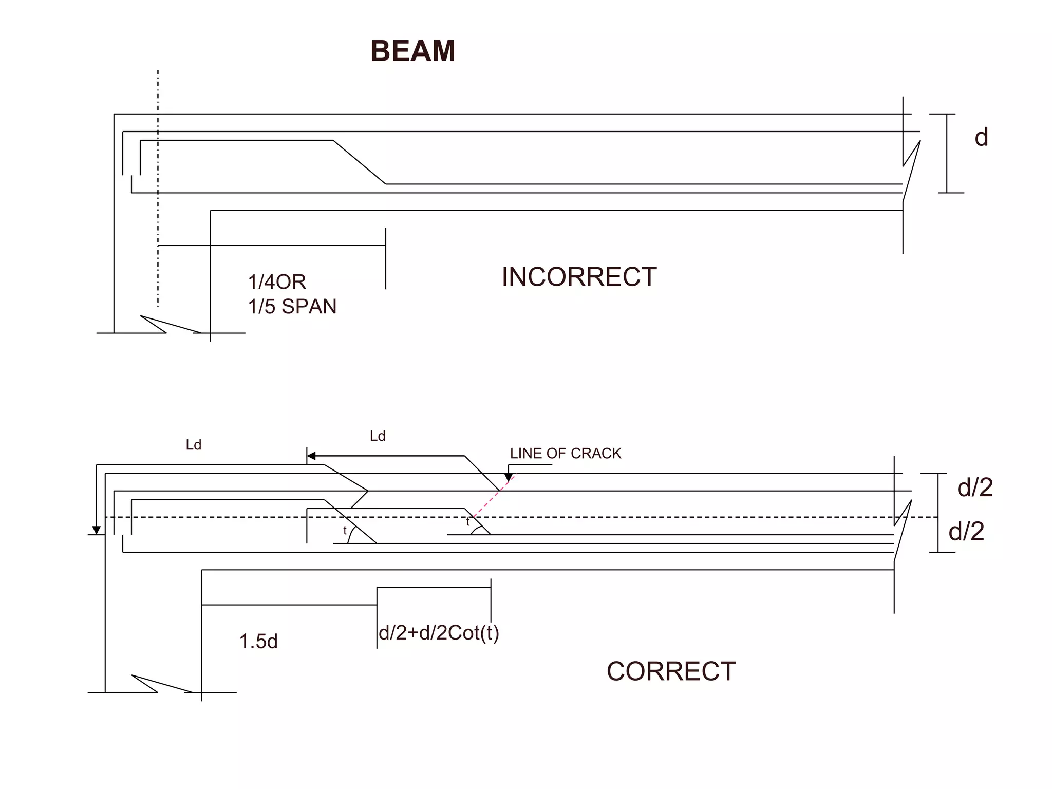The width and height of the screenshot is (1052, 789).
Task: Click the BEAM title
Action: [x=412, y=51]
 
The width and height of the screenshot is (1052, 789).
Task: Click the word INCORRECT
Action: [x=579, y=277]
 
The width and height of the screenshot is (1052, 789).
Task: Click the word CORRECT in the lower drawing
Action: [x=671, y=671]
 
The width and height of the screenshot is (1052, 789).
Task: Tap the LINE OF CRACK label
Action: [x=565, y=454]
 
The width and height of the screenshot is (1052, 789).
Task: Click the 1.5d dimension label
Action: [x=258, y=642]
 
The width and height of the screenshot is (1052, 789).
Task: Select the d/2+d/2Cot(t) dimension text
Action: [x=439, y=633]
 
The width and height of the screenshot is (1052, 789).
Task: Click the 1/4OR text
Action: [x=277, y=282]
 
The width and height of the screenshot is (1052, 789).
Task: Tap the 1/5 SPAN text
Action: [x=292, y=307]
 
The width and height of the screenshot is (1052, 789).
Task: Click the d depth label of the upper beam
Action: [x=981, y=138]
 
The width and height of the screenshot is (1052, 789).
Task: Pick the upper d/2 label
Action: [x=974, y=487]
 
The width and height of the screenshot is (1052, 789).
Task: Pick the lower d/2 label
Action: [x=966, y=532]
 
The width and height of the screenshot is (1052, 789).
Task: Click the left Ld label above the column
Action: [x=193, y=445]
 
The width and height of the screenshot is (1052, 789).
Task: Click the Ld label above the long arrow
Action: [x=378, y=436]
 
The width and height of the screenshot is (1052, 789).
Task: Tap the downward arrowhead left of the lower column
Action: [x=96, y=530]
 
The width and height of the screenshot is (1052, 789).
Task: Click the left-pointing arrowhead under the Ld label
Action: [x=311, y=456]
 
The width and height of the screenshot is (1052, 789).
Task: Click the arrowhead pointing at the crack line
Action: [x=509, y=478]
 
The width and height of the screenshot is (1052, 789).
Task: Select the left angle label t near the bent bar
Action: [x=345, y=530]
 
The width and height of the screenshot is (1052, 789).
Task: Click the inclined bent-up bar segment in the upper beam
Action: [x=359, y=162]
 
